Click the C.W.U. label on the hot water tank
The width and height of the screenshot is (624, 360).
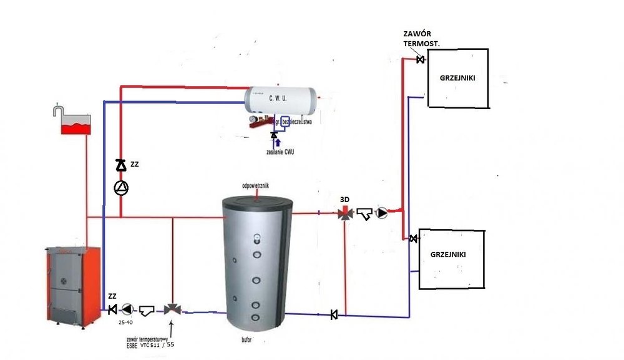pos(278,98)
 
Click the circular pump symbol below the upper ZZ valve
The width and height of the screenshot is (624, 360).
pos(120,187)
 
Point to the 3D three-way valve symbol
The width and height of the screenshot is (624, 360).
pos(344,213)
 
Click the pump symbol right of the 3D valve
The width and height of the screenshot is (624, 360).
pos(381,213)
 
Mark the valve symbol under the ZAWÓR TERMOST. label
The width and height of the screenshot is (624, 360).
pos(420,60)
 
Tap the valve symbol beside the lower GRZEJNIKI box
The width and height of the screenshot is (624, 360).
pos(413,239)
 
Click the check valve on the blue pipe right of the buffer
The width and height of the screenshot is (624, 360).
pos(334,314)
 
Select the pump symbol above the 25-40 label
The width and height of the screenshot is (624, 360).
pos(127,309)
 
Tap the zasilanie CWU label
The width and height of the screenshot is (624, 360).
pos(279,152)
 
